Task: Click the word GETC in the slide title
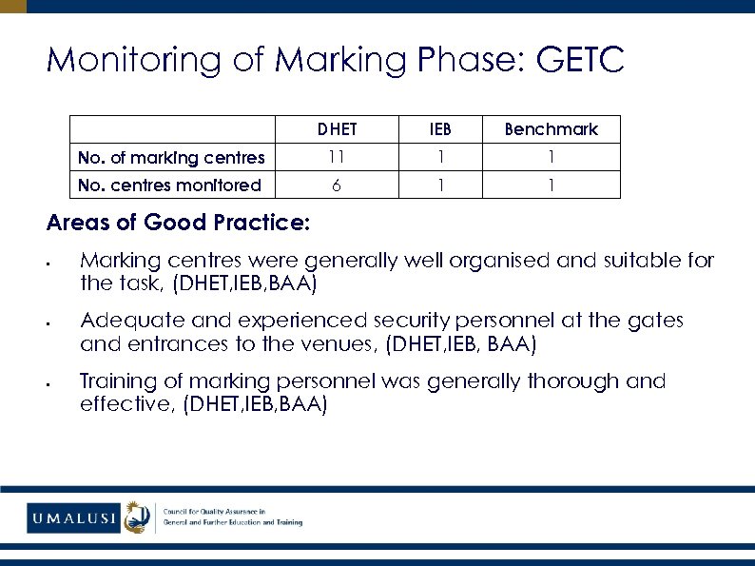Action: pyautogui.click(x=580, y=61)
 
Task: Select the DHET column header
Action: pyautogui.click(x=338, y=129)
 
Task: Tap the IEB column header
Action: pyautogui.click(x=440, y=129)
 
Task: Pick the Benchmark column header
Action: pyautogui.click(x=551, y=129)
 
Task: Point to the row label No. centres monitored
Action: pyautogui.click(x=169, y=185)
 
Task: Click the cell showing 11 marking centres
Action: pyautogui.click(x=338, y=157)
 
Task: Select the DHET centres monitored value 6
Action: pyautogui.click(x=338, y=185)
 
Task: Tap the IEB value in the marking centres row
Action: pyautogui.click(x=440, y=157)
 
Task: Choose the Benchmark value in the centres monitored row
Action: pyautogui.click(x=551, y=185)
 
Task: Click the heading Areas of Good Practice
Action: pyautogui.click(x=178, y=223)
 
